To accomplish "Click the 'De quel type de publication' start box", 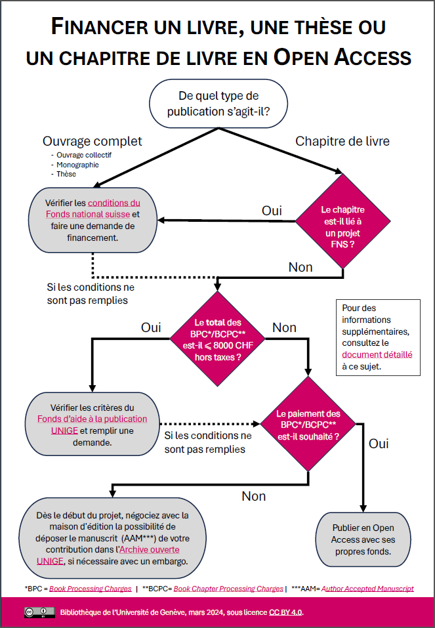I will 218,104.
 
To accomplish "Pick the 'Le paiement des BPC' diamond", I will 308,424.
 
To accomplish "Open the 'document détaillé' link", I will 377,354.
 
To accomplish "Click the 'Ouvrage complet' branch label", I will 93,141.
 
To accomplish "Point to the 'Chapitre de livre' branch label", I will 342,141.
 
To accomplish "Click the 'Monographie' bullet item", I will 77,165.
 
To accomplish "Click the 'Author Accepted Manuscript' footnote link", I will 367,589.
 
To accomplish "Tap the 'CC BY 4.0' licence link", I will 285,612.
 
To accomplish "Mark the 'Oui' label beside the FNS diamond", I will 272,211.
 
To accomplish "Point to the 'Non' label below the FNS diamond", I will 300,267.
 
